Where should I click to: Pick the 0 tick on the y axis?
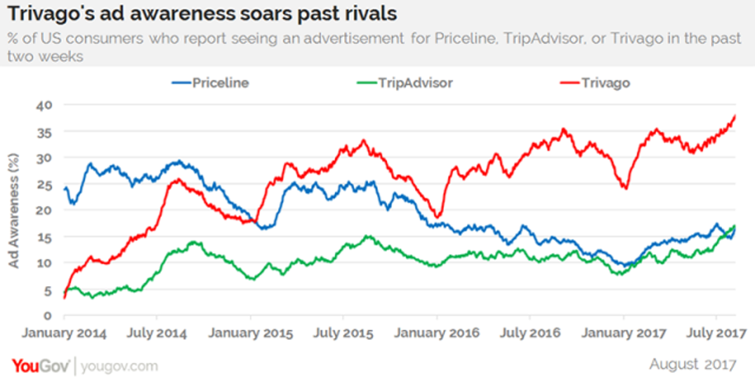pos(48,315)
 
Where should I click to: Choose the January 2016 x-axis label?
pos(438,332)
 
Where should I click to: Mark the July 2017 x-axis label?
pos(717,332)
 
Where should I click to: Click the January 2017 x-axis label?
pos(624,332)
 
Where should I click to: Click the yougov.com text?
pos(118,366)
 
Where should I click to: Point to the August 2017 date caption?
pos(693,365)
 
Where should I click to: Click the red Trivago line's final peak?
pos(735,116)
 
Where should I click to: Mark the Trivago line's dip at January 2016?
pos(438,216)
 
